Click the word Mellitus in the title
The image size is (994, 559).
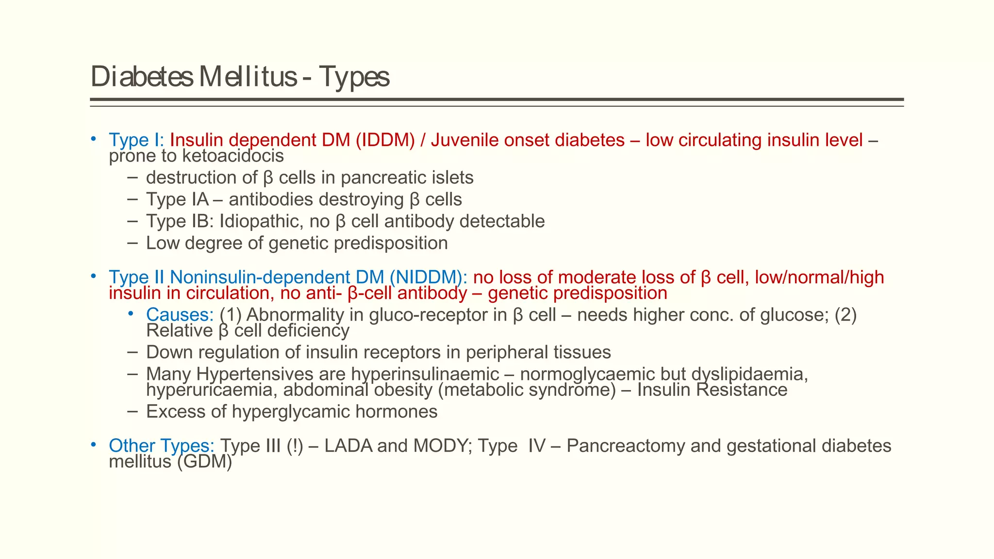point(248,77)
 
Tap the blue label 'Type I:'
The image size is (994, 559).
point(136,140)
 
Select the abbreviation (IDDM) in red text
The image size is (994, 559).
point(385,140)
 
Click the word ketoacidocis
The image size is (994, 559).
point(232,156)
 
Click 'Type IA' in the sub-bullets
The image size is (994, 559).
point(177,199)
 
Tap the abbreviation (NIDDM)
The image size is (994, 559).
point(428,278)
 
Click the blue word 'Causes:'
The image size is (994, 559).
point(180,315)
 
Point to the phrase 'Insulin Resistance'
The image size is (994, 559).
point(712,390)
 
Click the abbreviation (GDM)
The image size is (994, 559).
point(204,462)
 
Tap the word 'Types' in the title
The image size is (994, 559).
point(354,77)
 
